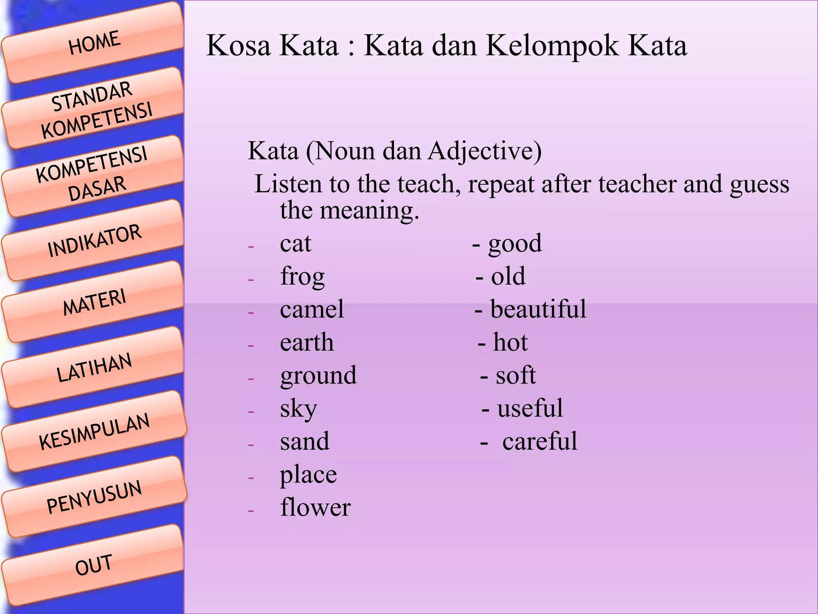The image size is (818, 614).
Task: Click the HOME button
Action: pos(94,43)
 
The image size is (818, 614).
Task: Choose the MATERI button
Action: pos(94,302)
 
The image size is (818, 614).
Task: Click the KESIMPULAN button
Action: pos(94,432)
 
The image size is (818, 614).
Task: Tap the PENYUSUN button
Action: pos(94,497)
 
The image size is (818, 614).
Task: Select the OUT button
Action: pos(94,565)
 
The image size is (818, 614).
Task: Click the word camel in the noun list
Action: pos(312,309)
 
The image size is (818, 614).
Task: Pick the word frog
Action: pos(302,277)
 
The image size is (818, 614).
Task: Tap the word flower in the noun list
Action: pos(315,508)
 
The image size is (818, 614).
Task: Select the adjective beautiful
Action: pos(538,309)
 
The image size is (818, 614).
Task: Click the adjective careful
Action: pos(540,441)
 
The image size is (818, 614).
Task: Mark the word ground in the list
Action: pos(318,376)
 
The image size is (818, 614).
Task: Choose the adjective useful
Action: pos(530,409)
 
